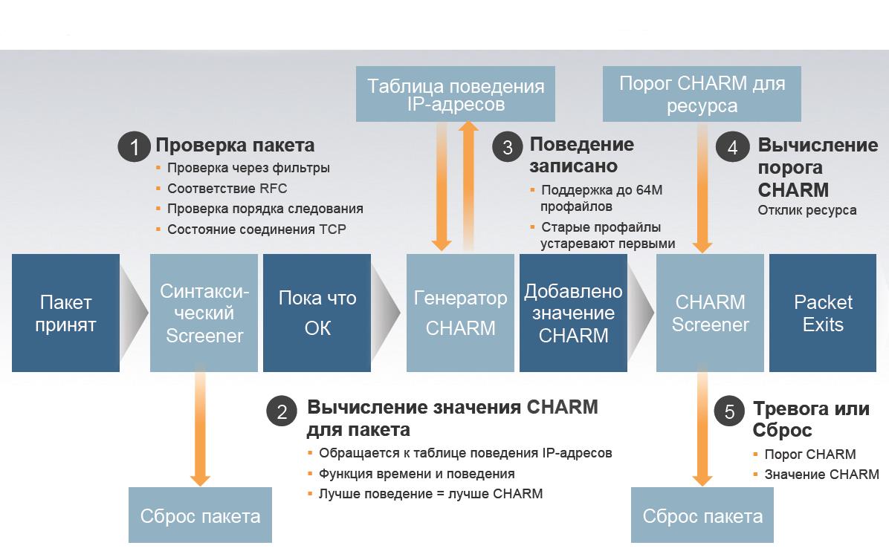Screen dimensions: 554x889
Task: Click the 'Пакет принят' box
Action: tap(65, 313)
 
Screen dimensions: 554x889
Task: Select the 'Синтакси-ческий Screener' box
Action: tap(204, 313)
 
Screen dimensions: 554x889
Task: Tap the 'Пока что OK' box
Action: tap(317, 313)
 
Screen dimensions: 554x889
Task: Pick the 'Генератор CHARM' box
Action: tap(460, 313)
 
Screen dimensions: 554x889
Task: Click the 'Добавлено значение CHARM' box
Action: tap(573, 313)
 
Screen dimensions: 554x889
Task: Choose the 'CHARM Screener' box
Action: tap(710, 313)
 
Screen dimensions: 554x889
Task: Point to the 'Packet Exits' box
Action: tap(823, 313)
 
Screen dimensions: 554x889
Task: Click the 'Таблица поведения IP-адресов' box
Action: tap(456, 94)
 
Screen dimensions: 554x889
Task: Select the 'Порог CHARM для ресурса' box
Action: tap(702, 94)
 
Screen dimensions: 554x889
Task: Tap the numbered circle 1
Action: tap(134, 147)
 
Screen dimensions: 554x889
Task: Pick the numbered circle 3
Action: tap(508, 147)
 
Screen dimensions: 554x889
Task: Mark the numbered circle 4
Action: tap(732, 147)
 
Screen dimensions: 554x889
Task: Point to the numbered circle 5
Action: tap(729, 411)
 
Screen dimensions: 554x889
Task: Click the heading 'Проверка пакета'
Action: tap(235, 145)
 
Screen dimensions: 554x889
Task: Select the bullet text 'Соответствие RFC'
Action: tap(227, 189)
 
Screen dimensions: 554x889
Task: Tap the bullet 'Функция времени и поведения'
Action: tap(416, 474)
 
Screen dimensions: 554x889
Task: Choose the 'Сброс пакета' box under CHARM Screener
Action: tap(702, 516)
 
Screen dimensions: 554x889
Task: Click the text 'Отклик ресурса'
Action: tap(806, 210)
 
